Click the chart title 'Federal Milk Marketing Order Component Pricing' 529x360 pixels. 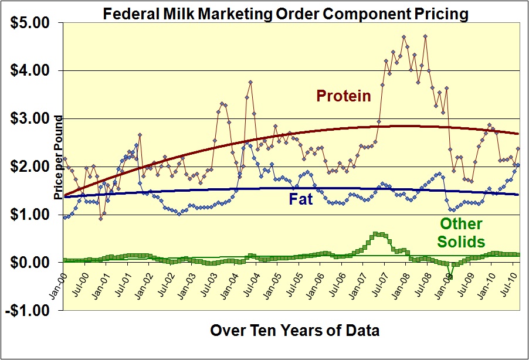[286, 13]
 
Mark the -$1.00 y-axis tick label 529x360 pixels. [28, 311]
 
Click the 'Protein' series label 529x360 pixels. [344, 96]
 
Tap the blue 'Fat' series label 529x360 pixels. [300, 199]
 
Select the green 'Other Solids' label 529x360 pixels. [462, 232]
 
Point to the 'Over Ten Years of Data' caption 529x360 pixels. [294, 331]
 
